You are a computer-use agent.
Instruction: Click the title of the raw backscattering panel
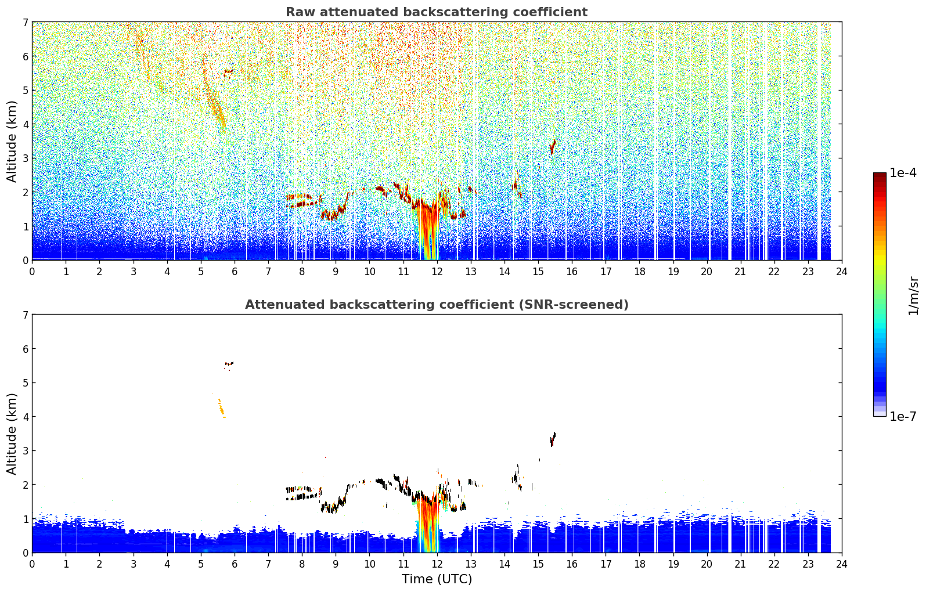(437, 12)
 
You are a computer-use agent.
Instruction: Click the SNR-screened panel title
(437, 304)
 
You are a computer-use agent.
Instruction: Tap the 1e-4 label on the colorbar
(903, 173)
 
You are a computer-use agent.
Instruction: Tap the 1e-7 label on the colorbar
(903, 416)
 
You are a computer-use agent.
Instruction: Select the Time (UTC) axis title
(437, 579)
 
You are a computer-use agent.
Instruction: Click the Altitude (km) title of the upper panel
(12, 142)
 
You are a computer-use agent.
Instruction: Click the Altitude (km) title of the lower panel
(12, 434)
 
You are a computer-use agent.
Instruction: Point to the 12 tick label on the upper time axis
(437, 272)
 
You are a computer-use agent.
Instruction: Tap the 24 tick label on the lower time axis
(842, 564)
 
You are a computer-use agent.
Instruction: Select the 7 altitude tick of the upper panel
(26, 22)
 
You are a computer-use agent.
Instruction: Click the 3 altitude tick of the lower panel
(26, 450)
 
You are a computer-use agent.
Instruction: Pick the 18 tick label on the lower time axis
(640, 564)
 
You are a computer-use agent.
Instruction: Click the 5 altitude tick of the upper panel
(26, 90)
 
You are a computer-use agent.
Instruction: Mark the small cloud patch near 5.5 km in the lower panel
(229, 364)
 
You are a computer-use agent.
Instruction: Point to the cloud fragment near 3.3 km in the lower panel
(553, 439)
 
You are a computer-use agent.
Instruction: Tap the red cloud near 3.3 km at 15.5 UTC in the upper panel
(553, 147)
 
